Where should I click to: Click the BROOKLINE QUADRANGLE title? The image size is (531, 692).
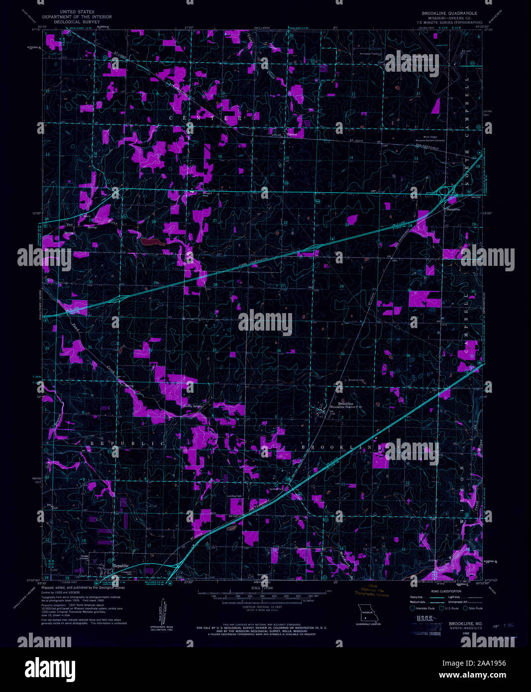click(x=449, y=13)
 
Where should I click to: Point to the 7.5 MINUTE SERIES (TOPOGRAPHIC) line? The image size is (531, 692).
click(x=450, y=23)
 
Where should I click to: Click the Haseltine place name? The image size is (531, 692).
click(x=452, y=210)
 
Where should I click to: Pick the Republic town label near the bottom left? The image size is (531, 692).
click(x=120, y=566)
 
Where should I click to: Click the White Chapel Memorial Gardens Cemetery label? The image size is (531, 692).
click(x=430, y=138)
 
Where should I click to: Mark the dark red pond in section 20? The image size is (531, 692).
click(x=151, y=242)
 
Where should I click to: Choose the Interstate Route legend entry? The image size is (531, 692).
click(x=423, y=608)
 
